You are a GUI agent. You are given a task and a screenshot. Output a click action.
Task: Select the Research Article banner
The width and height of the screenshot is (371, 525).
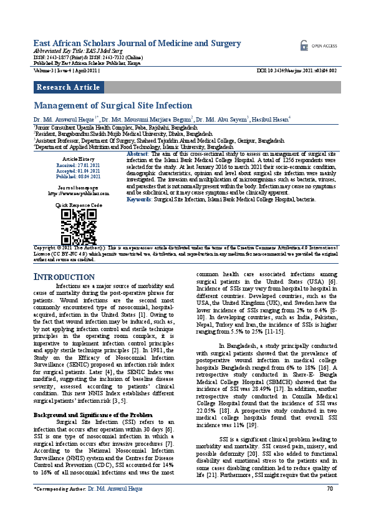click(x=68, y=87)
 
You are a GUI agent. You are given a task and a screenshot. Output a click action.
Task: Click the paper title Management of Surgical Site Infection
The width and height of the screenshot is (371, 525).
click(x=112, y=106)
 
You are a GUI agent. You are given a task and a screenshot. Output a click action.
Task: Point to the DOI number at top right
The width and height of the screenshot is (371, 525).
click(x=297, y=71)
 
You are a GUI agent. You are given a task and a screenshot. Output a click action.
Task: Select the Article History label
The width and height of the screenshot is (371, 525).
click(x=79, y=159)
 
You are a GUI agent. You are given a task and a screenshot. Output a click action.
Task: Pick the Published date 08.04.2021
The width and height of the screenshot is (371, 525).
click(x=79, y=176)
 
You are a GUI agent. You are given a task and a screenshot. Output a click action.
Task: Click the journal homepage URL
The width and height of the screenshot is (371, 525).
click(x=79, y=193)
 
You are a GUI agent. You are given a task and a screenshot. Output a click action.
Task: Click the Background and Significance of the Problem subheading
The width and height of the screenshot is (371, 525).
click(x=92, y=397)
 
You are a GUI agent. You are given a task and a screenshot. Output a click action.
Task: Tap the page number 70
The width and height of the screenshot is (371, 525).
click(x=330, y=506)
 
